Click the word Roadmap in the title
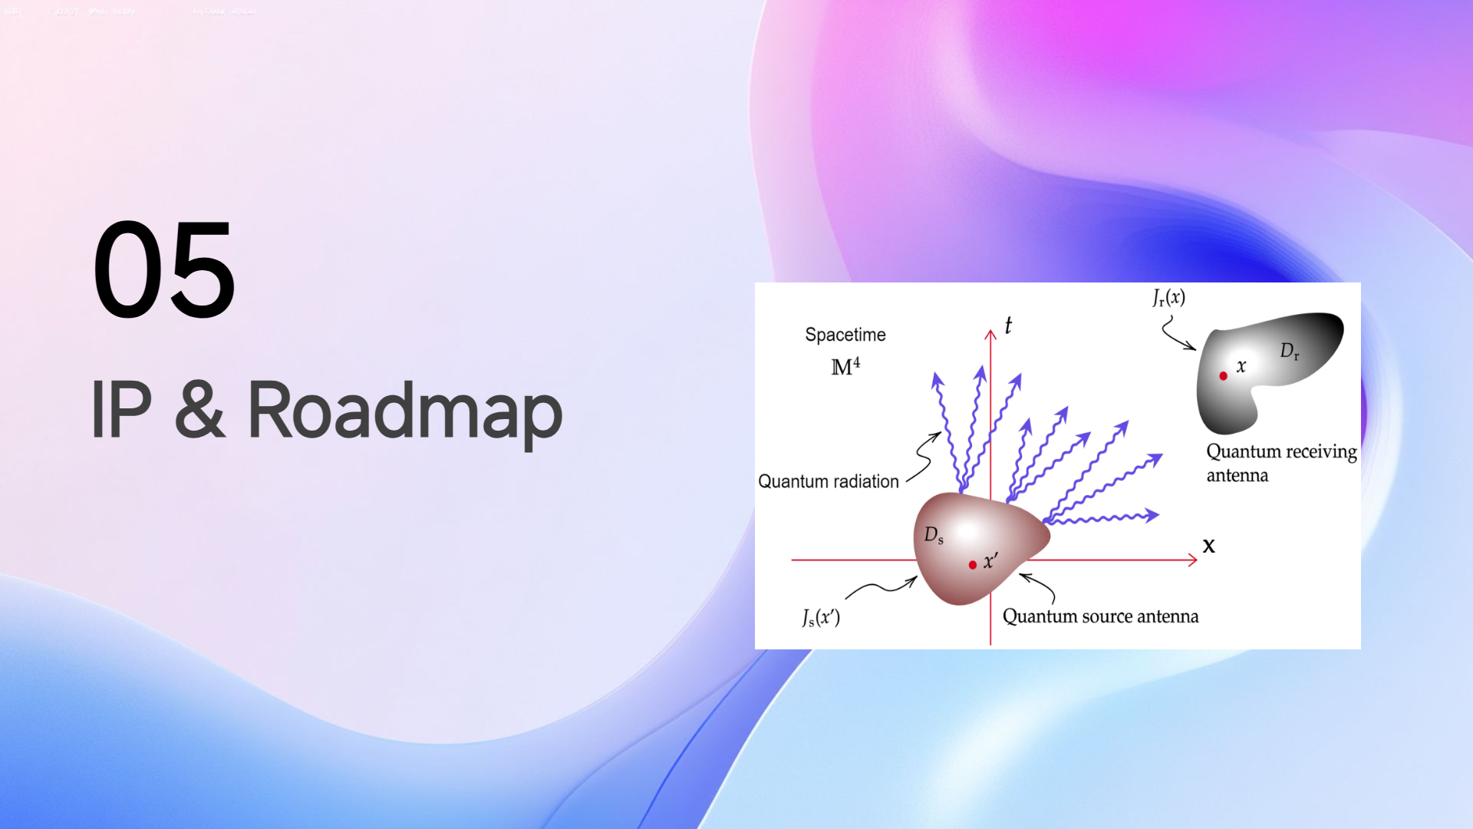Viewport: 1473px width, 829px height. coord(404,411)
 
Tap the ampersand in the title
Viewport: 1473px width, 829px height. coord(199,410)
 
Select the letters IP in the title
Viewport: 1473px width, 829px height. coord(120,410)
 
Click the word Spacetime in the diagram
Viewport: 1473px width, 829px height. coord(845,335)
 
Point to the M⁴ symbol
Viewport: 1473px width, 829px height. coord(845,366)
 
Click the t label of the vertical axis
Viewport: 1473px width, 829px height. coord(1008,325)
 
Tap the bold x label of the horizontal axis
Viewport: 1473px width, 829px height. coord(1209,546)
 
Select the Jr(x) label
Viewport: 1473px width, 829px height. coord(1168,298)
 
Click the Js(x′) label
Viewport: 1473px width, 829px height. coord(821,617)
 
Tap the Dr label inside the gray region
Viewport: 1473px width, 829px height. coord(1289,352)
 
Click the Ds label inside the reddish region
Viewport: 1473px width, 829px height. coord(934,535)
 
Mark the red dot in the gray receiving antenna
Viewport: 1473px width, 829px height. coord(1224,375)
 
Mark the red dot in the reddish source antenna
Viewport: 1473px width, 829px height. coord(973,565)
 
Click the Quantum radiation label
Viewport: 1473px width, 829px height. coord(828,481)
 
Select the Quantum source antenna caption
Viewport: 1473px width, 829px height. coord(1100,616)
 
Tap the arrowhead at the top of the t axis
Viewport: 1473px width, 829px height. coord(990,334)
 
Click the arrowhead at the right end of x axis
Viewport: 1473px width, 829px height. coord(1193,560)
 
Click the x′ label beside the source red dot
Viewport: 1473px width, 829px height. coord(990,561)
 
